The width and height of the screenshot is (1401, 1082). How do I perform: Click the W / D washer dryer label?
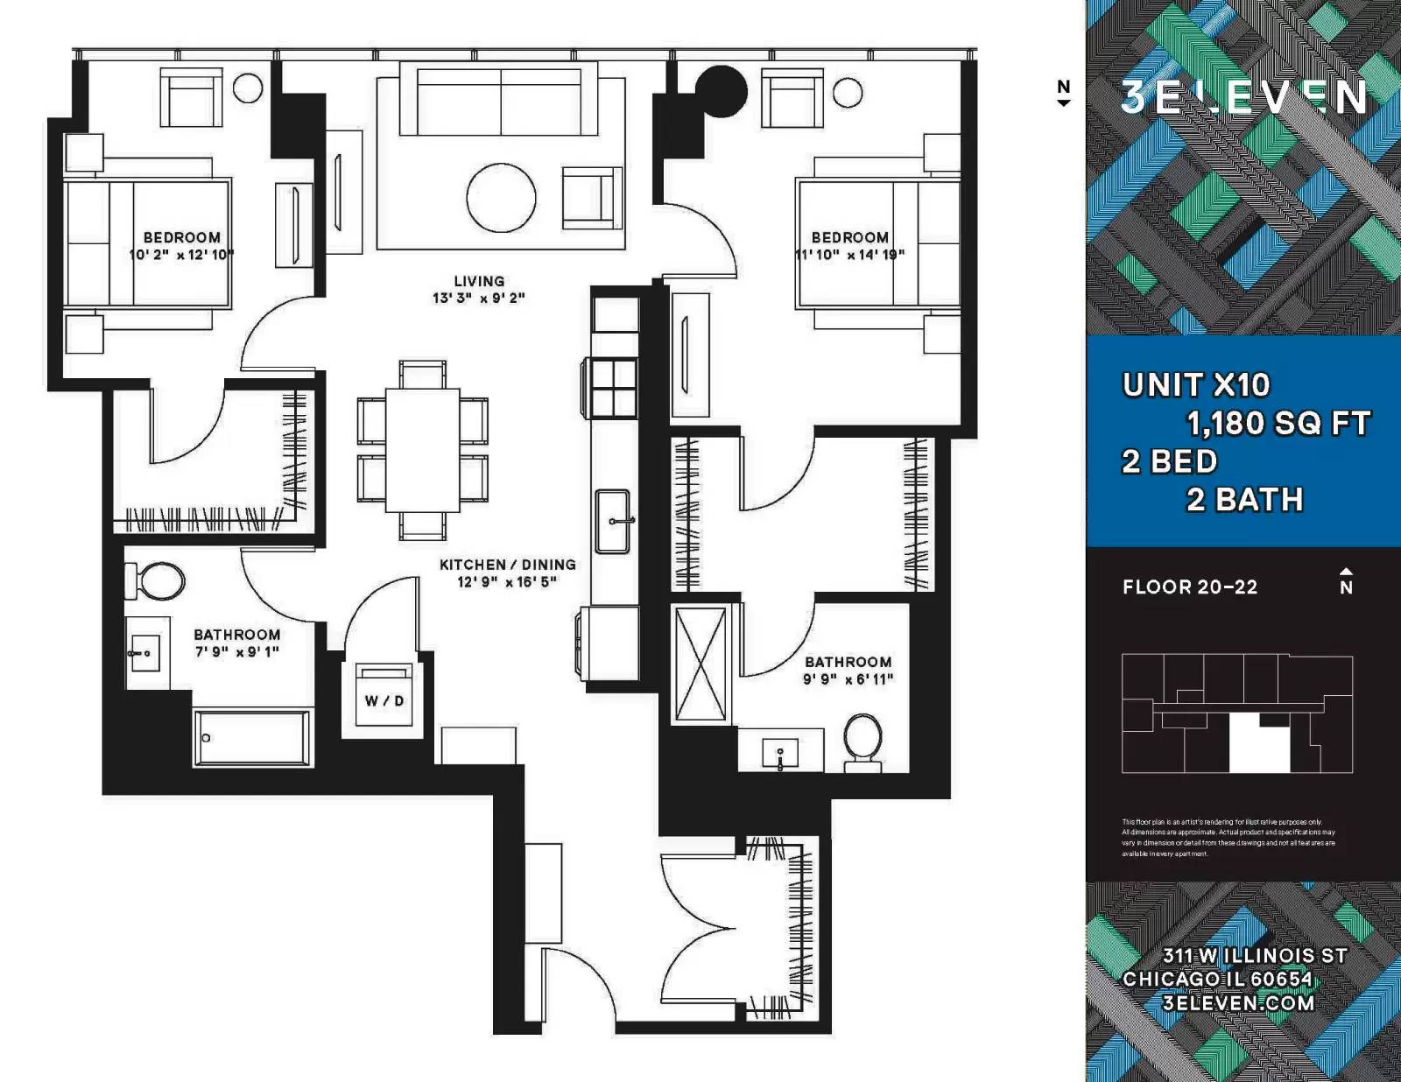click(384, 701)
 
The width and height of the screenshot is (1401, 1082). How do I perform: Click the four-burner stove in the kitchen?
click(613, 386)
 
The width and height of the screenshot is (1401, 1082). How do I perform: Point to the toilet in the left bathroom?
click(158, 581)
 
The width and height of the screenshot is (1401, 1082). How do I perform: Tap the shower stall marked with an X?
click(701, 664)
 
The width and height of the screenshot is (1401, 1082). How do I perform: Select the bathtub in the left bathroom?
click(253, 738)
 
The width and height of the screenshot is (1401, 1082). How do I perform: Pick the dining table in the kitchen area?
click(423, 450)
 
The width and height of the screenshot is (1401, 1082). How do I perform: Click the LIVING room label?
click(479, 281)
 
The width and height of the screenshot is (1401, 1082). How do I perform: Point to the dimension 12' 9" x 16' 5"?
click(507, 582)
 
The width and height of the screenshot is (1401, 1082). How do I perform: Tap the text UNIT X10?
click(1196, 385)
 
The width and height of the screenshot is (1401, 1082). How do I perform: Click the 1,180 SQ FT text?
click(1278, 424)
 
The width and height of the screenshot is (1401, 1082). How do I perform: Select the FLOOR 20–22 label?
click(1190, 587)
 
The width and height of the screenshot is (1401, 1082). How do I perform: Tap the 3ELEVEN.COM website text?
click(1239, 1003)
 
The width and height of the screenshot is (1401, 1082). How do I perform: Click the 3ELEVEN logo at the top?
click(1243, 96)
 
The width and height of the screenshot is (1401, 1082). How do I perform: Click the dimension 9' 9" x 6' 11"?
click(848, 679)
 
